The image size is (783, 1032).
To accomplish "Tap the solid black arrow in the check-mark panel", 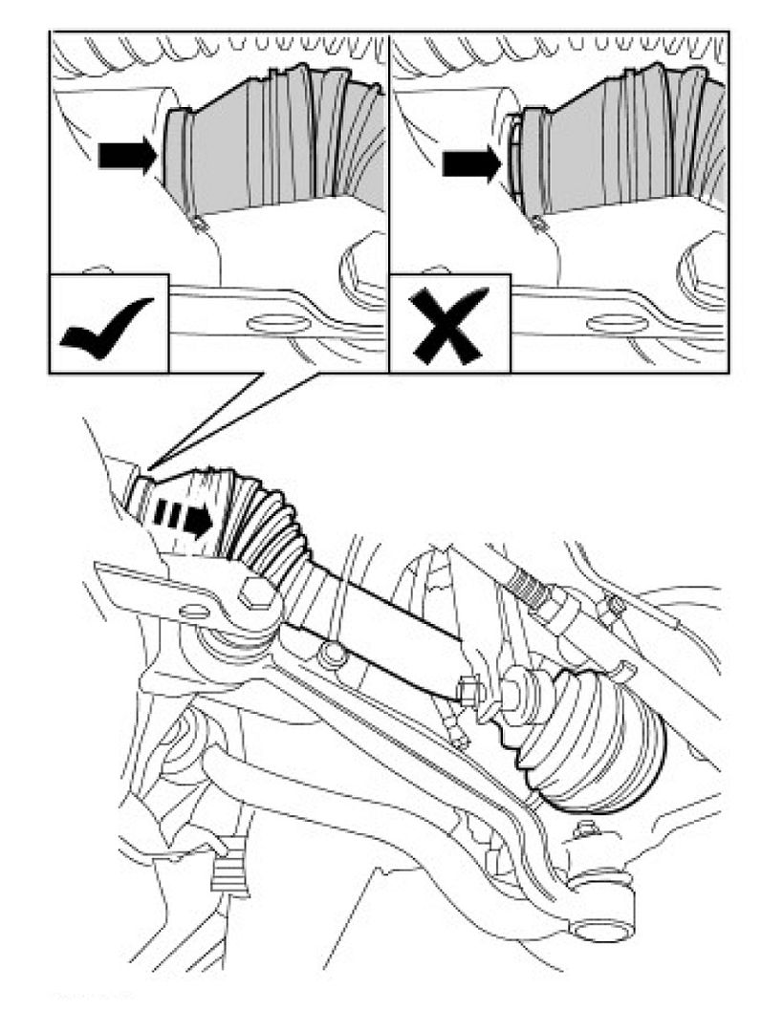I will point(127,155).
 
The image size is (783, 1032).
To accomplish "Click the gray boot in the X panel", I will point(612,143).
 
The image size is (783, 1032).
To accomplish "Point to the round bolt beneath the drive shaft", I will point(333,655).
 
